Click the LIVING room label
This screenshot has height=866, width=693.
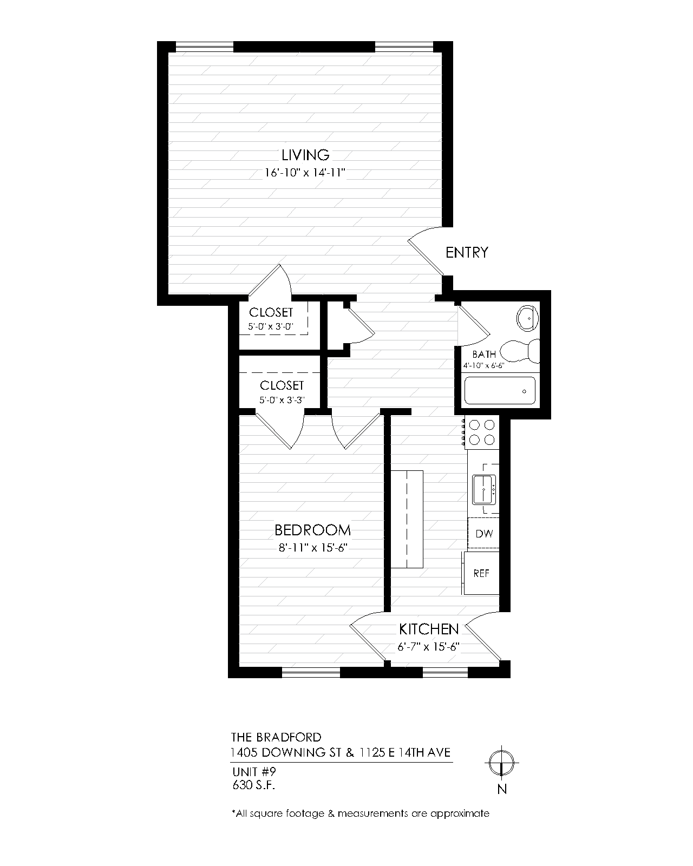(305, 155)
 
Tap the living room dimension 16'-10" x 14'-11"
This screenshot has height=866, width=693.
(305, 173)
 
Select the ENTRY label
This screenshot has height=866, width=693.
(467, 252)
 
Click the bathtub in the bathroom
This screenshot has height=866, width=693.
(500, 390)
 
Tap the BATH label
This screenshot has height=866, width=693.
(484, 355)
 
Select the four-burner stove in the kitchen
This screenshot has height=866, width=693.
(482, 432)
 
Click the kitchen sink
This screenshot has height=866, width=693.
(484, 489)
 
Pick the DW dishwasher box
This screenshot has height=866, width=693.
(484, 534)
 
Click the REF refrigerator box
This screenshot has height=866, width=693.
(481, 573)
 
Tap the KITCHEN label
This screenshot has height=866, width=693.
(429, 629)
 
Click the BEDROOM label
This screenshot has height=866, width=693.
(312, 530)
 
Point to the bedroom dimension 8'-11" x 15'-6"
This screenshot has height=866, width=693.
(312, 547)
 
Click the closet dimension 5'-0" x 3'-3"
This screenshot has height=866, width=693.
(282, 401)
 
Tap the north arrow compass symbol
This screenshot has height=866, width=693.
(502, 764)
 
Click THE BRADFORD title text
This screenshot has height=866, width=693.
(276, 737)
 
